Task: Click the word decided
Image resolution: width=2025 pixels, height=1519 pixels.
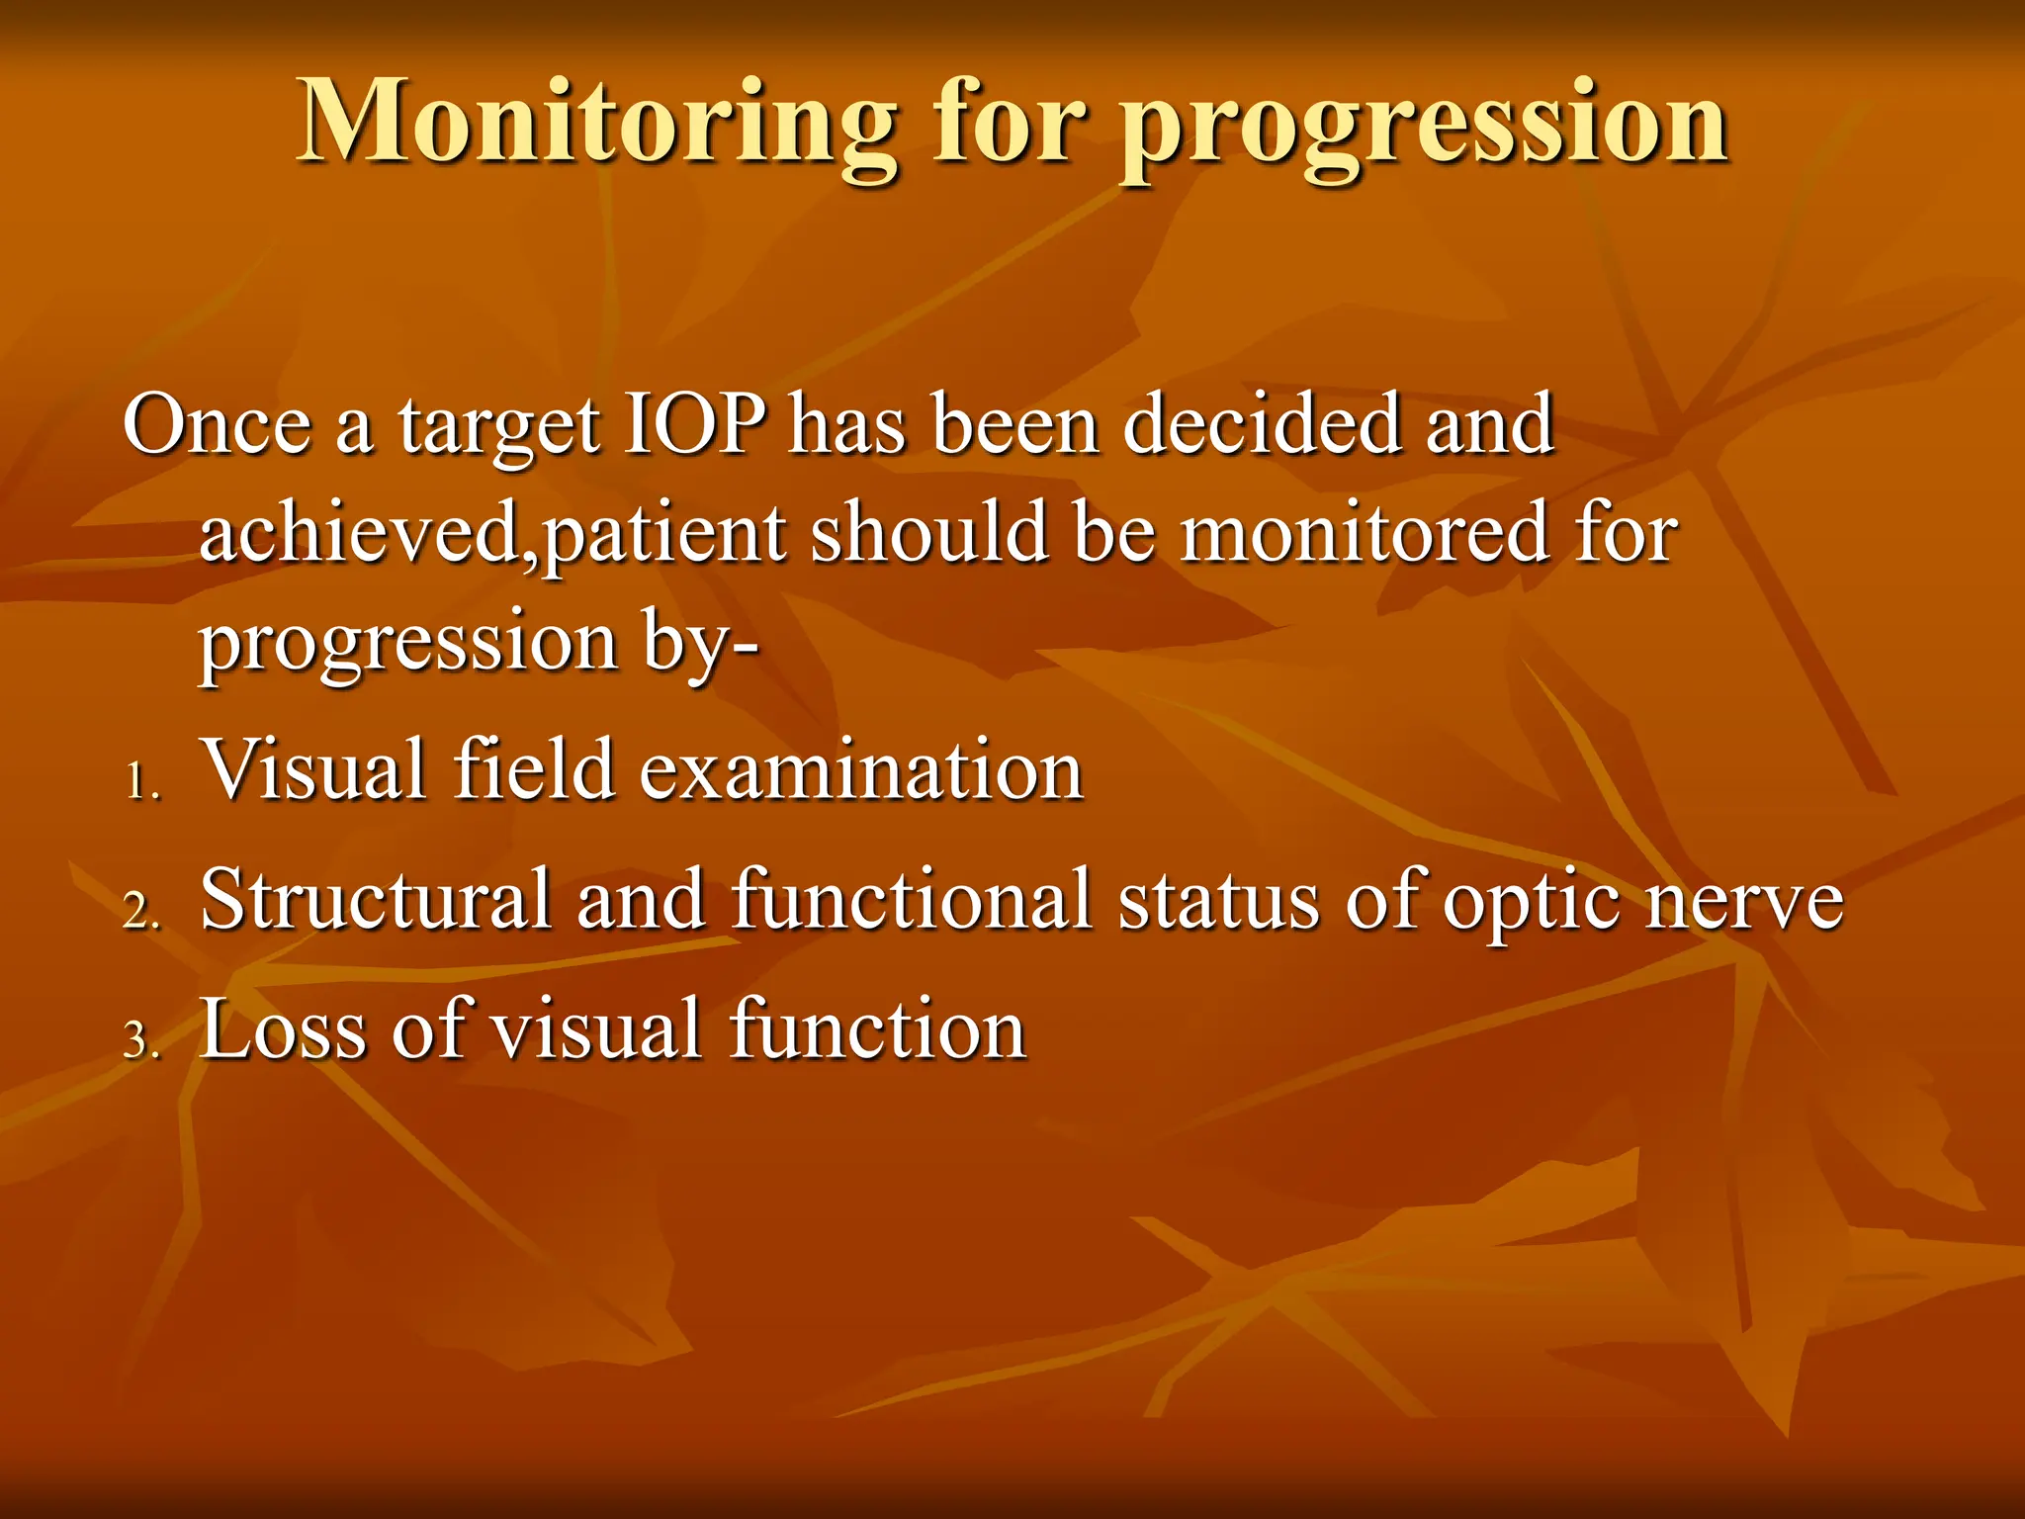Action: click(x=1261, y=424)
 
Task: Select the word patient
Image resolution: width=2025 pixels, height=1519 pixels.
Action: click(x=663, y=537)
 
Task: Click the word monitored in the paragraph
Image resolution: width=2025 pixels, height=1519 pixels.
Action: click(x=1365, y=533)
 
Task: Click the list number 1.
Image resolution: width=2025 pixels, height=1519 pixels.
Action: click(x=140, y=784)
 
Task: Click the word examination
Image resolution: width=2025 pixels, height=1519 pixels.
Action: click(x=860, y=770)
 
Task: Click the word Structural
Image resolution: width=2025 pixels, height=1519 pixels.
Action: click(x=375, y=899)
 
